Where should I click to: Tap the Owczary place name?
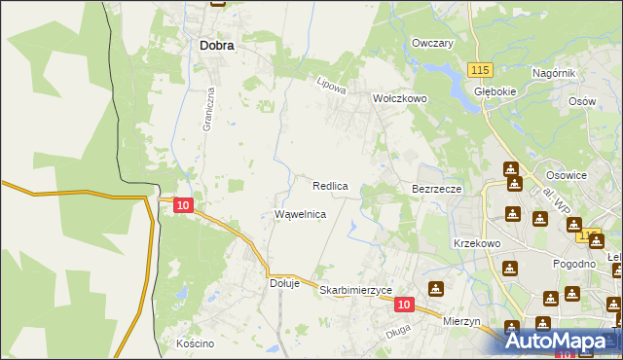(x=433, y=44)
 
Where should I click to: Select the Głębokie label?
(x=494, y=90)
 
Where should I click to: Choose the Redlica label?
(x=330, y=185)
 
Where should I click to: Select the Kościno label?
(x=195, y=343)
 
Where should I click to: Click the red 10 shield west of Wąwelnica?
(x=183, y=205)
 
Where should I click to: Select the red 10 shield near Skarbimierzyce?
(x=404, y=305)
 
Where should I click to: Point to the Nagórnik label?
(x=555, y=74)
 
